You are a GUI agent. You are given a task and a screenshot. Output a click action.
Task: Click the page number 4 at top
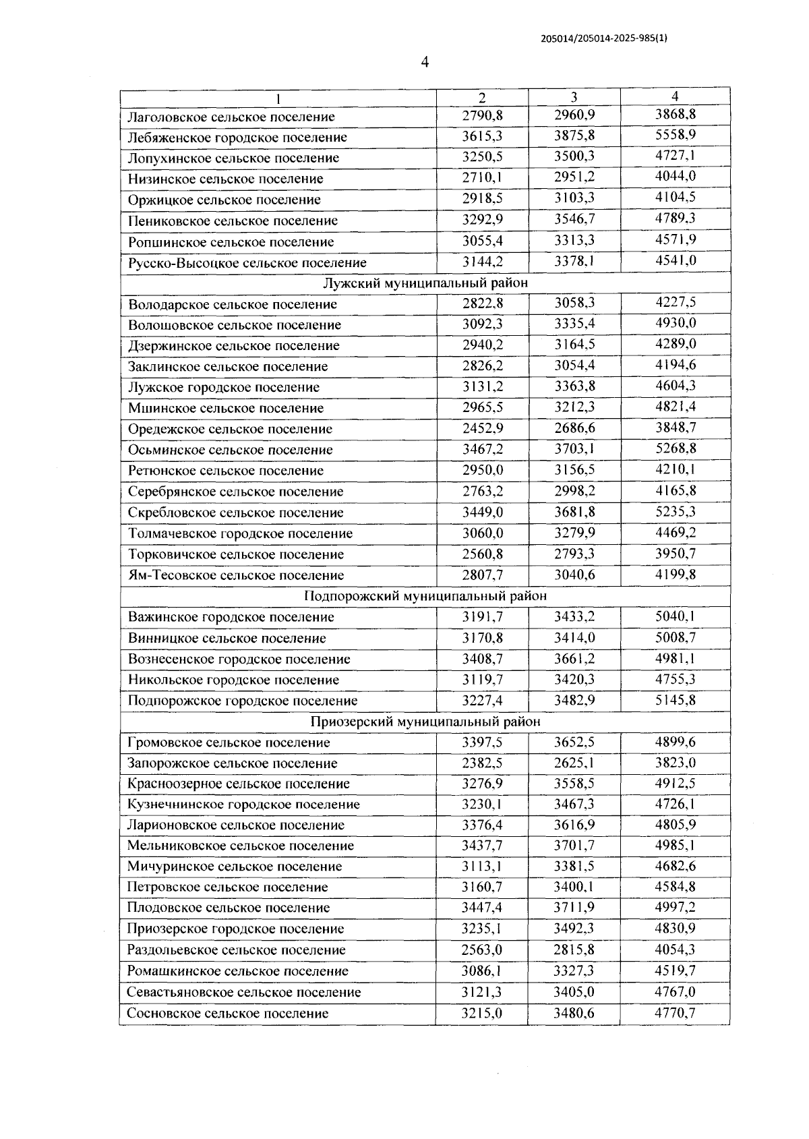pyautogui.click(x=424, y=62)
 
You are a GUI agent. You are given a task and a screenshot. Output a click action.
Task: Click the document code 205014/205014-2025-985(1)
pyautogui.click(x=604, y=38)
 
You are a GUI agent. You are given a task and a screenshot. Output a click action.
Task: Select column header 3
pyautogui.click(x=574, y=97)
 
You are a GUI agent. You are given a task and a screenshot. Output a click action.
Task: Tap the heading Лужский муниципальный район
pyautogui.click(x=425, y=283)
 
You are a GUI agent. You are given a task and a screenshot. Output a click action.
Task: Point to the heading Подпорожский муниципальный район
pyautogui.click(x=425, y=596)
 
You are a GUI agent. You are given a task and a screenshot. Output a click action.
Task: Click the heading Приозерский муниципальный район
pyautogui.click(x=425, y=722)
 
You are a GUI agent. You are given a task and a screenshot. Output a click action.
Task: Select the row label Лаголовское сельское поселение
pyautogui.click(x=231, y=117)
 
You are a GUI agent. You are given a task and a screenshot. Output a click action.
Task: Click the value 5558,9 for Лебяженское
pyautogui.click(x=676, y=135)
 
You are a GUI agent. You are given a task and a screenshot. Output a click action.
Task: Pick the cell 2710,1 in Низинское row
pyautogui.click(x=482, y=177)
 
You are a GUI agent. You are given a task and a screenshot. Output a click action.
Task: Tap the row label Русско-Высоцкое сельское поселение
pyautogui.click(x=247, y=263)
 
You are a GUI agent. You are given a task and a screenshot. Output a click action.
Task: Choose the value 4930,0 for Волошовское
pyautogui.click(x=676, y=323)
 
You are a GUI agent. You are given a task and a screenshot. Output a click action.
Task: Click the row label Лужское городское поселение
pyautogui.click(x=224, y=388)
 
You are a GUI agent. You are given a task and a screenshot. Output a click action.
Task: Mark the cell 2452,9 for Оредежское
pyautogui.click(x=482, y=428)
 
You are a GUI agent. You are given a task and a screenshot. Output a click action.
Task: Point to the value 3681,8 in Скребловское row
pyautogui.click(x=574, y=512)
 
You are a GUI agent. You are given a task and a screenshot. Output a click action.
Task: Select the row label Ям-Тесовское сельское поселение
pyautogui.click(x=236, y=575)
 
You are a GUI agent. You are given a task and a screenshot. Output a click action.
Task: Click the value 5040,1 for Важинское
pyautogui.click(x=676, y=616)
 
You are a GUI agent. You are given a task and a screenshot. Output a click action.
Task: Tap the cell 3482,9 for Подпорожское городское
pyautogui.click(x=574, y=700)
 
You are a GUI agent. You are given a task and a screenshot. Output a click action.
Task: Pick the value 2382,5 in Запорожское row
pyautogui.click(x=482, y=763)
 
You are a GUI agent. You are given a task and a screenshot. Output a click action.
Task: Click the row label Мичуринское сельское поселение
pyautogui.click(x=235, y=867)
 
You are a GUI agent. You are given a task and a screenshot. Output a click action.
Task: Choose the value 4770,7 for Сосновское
pyautogui.click(x=676, y=1012)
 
